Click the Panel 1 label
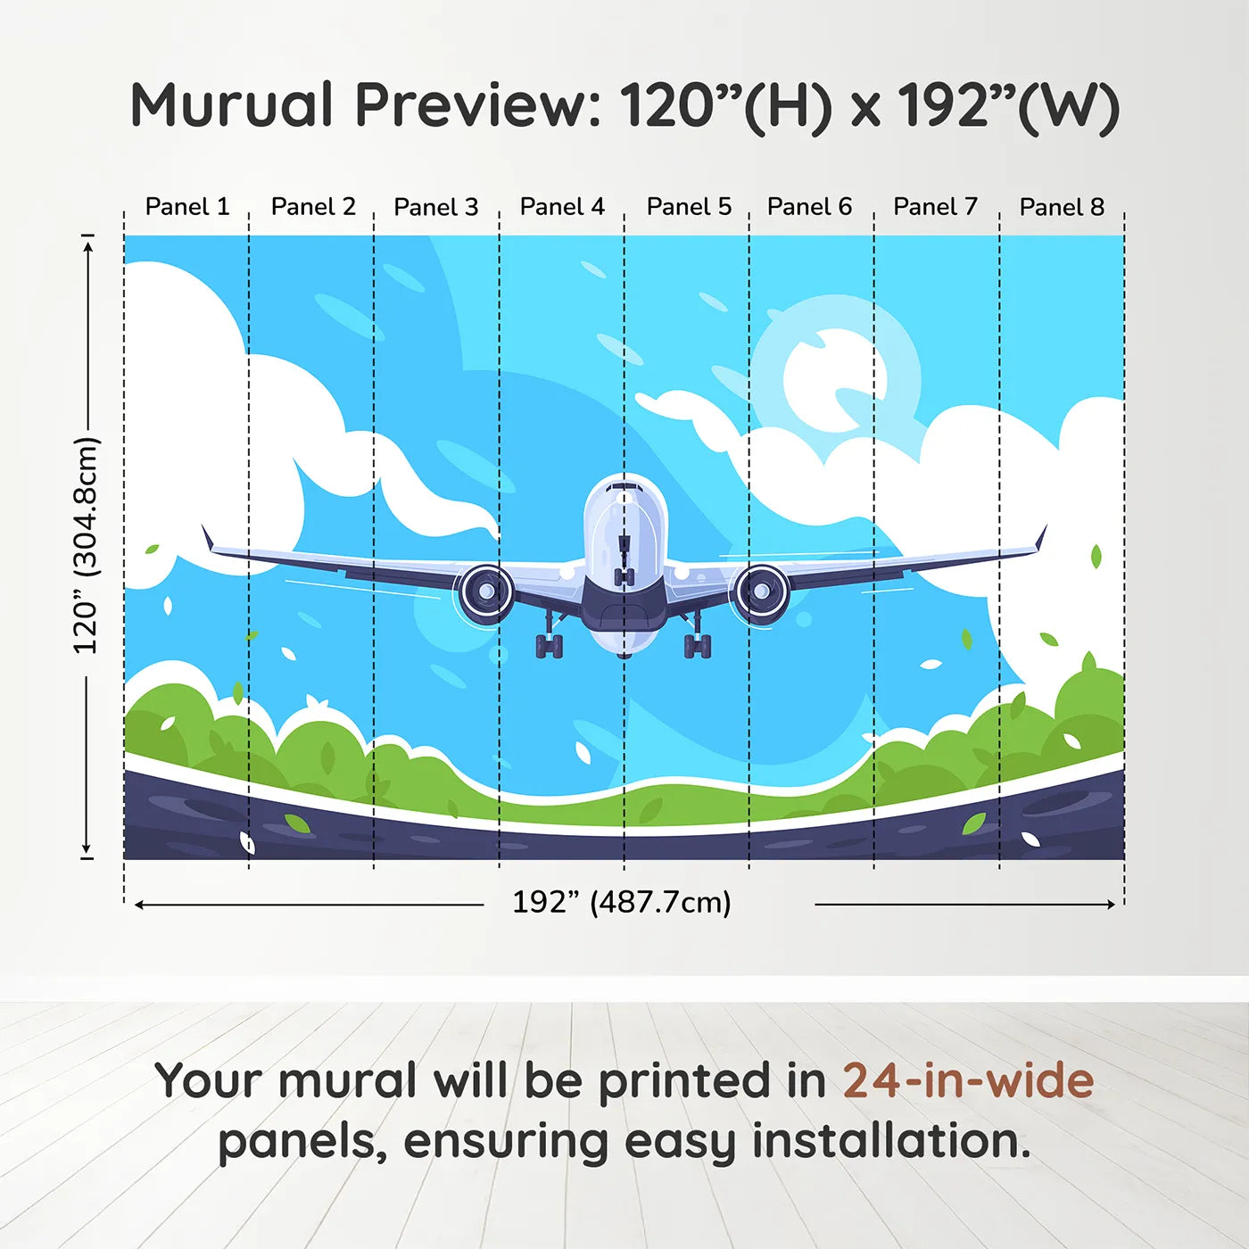click(x=187, y=207)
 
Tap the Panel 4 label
click(x=562, y=207)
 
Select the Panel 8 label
click(x=1062, y=207)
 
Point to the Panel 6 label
click(x=809, y=207)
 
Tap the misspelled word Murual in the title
click(x=232, y=105)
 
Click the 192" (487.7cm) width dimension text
click(x=622, y=902)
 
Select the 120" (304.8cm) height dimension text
click(x=86, y=545)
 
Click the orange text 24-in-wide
click(x=968, y=1079)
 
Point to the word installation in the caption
click(x=891, y=1141)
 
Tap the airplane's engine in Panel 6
click(x=763, y=591)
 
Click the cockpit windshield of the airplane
click(x=624, y=486)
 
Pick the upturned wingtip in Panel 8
click(x=1042, y=537)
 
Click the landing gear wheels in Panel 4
click(x=550, y=646)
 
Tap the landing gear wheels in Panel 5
click(x=698, y=646)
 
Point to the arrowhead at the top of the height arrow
click(x=88, y=243)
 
